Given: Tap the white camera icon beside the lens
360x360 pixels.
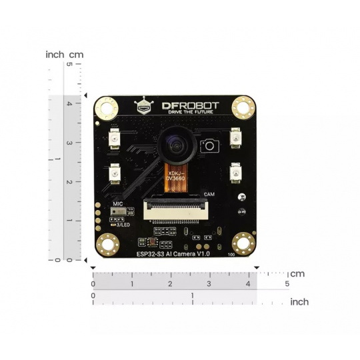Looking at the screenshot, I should click(x=210, y=145).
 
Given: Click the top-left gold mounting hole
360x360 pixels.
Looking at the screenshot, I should click(x=105, y=106).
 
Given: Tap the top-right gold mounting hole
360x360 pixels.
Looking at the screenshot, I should click(x=245, y=106).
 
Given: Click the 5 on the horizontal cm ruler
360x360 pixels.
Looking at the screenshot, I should click(x=287, y=285).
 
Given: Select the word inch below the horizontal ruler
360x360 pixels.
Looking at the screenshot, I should click(x=299, y=302).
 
